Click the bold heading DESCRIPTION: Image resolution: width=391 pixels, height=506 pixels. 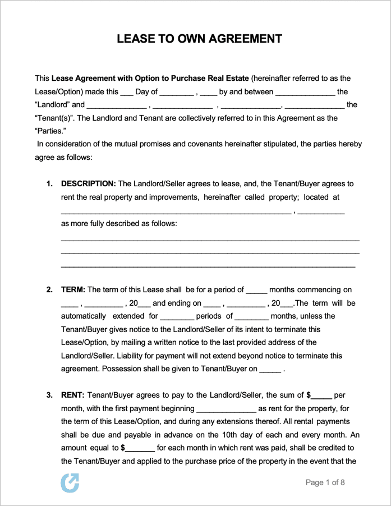pyautogui.click(x=88, y=183)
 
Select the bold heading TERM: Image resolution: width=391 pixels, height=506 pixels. pyautogui.click(x=73, y=289)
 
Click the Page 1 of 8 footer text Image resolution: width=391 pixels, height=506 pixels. pyautogui.click(x=325, y=482)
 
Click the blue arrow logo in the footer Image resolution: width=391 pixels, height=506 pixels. pyautogui.click(x=70, y=482)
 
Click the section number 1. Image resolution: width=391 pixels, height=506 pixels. pyautogui.click(x=49, y=183)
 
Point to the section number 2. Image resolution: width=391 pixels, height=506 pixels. pyautogui.click(x=49, y=289)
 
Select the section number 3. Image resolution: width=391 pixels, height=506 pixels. pyautogui.click(x=49, y=395)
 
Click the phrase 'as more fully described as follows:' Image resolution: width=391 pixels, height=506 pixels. pyautogui.click(x=119, y=223)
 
